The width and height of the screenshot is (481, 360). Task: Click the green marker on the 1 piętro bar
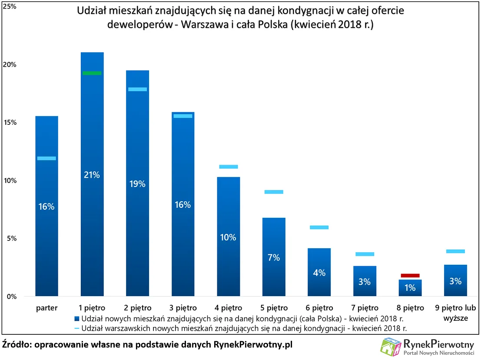pos(92,73)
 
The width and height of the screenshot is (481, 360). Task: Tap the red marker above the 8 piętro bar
pos(410,275)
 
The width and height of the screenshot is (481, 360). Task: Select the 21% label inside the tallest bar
pos(92,175)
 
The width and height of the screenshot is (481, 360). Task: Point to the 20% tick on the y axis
pos(10,65)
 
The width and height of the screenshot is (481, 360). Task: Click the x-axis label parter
pos(46,308)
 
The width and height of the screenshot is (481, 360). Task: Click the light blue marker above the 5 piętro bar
pos(274,192)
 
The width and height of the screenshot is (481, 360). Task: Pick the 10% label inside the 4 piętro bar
pos(228,237)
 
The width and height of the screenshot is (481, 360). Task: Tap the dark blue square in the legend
pos(77,318)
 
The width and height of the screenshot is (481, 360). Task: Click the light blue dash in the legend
pos(76,327)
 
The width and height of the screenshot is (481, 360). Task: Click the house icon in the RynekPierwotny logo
pos(390,347)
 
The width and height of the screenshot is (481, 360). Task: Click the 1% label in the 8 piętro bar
pos(410,287)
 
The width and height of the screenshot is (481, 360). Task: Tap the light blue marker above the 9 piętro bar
pos(455,251)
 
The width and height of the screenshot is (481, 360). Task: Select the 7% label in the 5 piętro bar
pos(274,257)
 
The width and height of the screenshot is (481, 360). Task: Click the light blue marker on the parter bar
pos(46,158)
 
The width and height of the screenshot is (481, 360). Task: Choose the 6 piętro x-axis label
pos(319,308)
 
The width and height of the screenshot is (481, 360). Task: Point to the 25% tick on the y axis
pos(10,7)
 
